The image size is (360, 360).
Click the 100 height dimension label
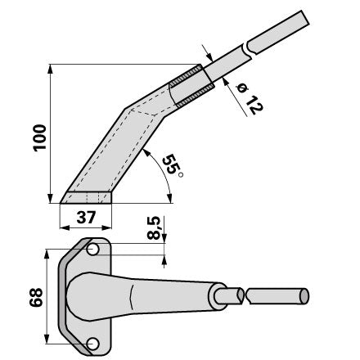(x=39, y=137)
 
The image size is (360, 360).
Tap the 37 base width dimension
(x=86, y=218)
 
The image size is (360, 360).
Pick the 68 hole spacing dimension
(x=36, y=297)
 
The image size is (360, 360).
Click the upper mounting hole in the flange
(x=92, y=250)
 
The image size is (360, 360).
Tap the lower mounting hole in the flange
(x=92, y=344)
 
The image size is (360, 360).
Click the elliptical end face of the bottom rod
(x=304, y=296)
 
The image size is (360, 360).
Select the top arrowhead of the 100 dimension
(x=50, y=70)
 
